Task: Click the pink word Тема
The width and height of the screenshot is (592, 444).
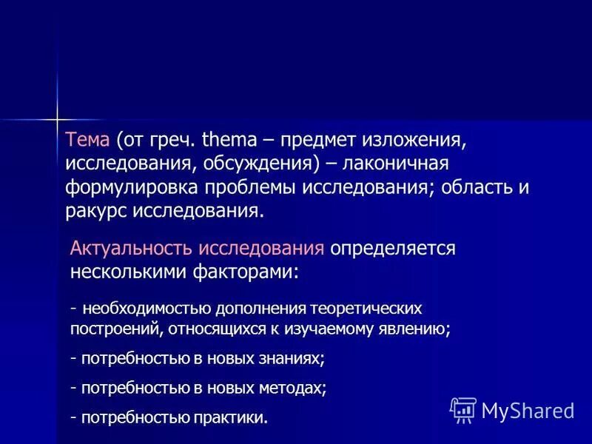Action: coord(87,140)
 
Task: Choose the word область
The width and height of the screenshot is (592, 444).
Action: coord(474,186)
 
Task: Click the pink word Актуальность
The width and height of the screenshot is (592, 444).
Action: coord(131,249)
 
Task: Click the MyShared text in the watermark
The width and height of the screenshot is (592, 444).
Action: coord(527,409)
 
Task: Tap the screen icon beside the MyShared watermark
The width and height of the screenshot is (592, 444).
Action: coord(462,409)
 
